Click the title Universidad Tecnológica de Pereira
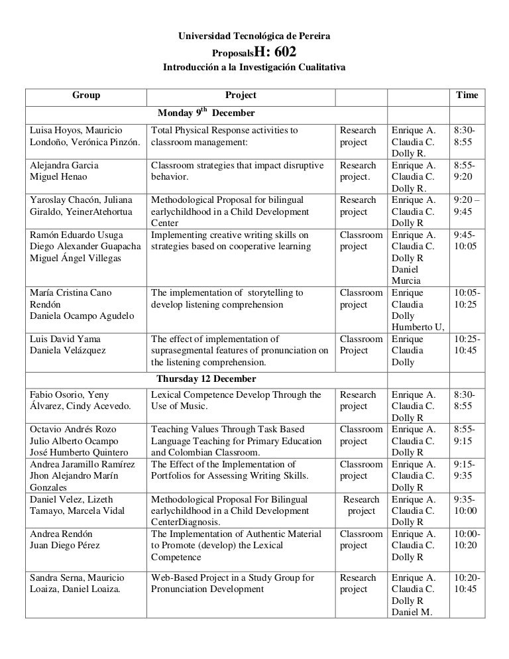(254, 33)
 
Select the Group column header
(86, 95)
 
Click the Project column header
(241, 95)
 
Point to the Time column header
(467, 95)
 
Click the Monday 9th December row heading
(205, 113)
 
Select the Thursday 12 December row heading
(206, 379)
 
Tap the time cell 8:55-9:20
(467, 171)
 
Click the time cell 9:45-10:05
(467, 241)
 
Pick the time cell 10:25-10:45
(467, 345)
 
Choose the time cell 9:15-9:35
(467, 470)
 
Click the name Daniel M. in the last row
(412, 612)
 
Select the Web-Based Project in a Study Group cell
(233, 583)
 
